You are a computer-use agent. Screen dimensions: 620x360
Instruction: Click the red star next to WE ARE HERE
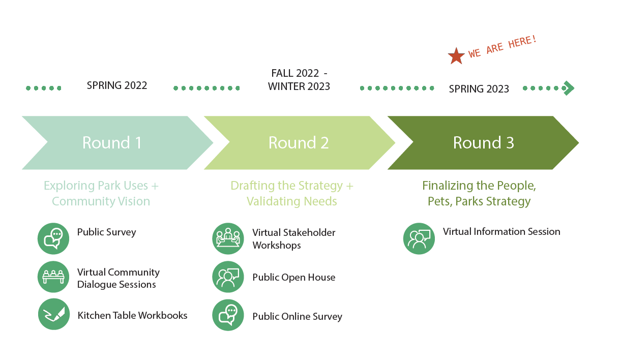[456, 56]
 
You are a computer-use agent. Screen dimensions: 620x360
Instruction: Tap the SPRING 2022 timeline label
[117, 85]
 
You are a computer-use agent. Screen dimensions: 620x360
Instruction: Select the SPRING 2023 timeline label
[479, 89]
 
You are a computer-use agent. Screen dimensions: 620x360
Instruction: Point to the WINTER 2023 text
[299, 86]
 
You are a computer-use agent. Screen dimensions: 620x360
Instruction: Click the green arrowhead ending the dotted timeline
[569, 88]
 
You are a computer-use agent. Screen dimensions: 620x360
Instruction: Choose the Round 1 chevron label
[112, 143]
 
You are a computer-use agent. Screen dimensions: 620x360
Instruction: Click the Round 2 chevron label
[299, 143]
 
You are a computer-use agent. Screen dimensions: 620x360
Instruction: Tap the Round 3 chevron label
[483, 143]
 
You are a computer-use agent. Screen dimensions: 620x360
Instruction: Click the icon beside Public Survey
[53, 238]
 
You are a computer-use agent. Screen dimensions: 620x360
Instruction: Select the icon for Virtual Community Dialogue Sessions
[53, 277]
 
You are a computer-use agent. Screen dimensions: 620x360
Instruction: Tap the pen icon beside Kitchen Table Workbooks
[54, 314]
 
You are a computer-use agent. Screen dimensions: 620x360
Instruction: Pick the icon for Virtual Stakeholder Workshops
[228, 238]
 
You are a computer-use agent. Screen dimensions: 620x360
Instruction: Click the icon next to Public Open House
[228, 277]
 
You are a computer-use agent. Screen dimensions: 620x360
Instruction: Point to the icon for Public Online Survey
[228, 315]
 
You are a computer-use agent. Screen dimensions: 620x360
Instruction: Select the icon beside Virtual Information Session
[419, 238]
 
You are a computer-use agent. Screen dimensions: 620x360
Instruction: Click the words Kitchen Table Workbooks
[132, 315]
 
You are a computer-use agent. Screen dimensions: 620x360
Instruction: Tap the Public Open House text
[294, 277]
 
